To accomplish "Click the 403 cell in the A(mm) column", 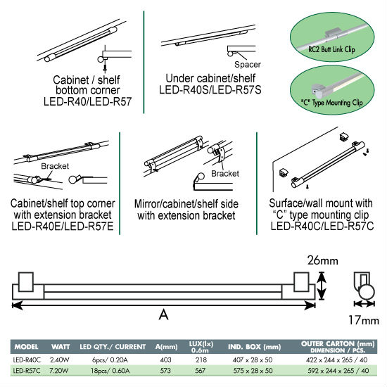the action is [x=165, y=360].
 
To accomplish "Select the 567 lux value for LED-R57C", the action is [x=200, y=371].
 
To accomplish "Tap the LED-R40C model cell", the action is [x=27, y=360].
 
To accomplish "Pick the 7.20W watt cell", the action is [x=58, y=371].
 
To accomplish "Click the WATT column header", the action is [x=61, y=347].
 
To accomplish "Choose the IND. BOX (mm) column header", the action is [x=255, y=347].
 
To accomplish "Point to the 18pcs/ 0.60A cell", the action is [x=110, y=371].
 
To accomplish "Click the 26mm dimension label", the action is [x=322, y=260].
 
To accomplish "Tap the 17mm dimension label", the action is [x=364, y=320].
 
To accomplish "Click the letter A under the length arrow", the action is [x=164, y=315].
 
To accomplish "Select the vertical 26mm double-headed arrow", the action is [x=321, y=286].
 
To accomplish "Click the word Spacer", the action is [x=248, y=65].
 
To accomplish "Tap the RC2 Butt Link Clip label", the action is [x=331, y=49].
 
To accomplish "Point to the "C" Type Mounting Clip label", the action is [x=332, y=103].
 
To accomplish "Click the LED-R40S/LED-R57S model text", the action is [x=210, y=90].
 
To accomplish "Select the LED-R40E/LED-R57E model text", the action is [x=63, y=226].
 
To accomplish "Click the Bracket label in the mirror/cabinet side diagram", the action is [x=225, y=174].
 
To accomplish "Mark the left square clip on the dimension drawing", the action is [x=26, y=282].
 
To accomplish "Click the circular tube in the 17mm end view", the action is [x=367, y=293].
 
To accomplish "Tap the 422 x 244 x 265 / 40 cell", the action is [x=337, y=360].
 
